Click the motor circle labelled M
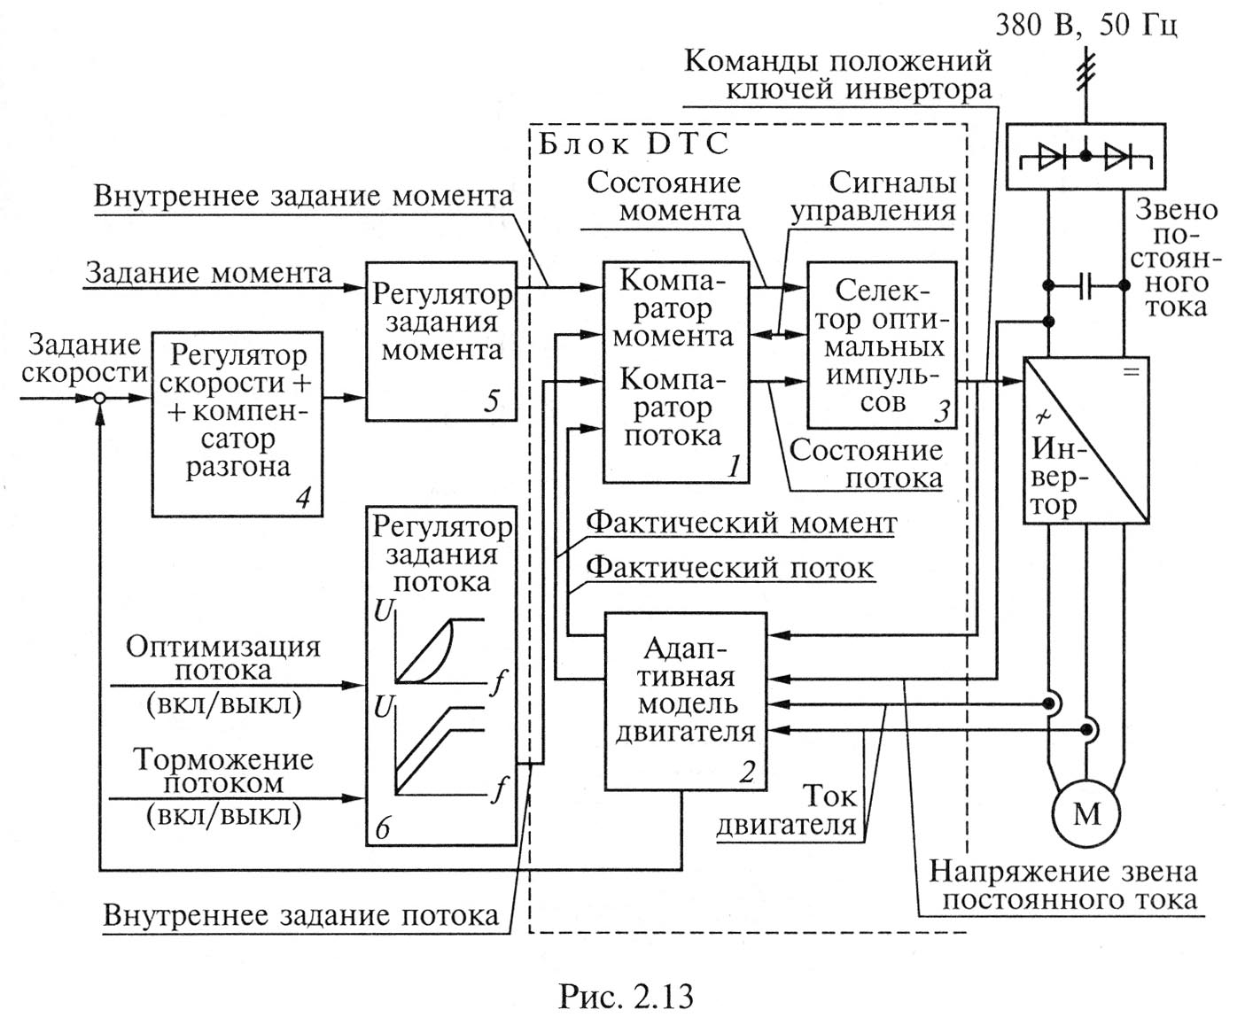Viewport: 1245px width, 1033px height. click(1085, 813)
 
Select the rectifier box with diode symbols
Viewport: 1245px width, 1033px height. click(1085, 158)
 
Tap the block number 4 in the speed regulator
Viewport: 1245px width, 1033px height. click(302, 499)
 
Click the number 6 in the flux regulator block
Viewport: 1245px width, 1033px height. click(383, 828)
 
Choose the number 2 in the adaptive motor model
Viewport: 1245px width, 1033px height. click(746, 773)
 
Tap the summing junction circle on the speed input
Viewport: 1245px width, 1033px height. click(101, 399)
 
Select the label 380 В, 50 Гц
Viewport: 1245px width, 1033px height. click(1086, 24)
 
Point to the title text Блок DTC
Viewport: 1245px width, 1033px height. click(633, 144)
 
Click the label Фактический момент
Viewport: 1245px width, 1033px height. click(741, 524)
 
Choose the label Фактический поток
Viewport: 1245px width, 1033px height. click(730, 567)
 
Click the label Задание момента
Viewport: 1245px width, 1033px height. click(208, 273)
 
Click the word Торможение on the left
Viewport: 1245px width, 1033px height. click(223, 760)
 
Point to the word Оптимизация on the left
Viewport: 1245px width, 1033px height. click(223, 646)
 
